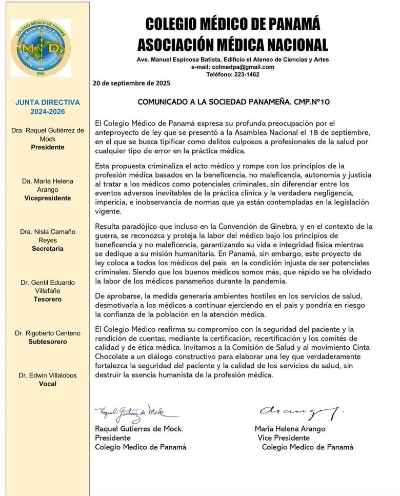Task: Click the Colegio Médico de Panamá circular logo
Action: pyautogui.click(x=41, y=48)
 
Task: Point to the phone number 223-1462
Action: pyautogui.click(x=245, y=74)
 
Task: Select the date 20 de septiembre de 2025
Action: pyautogui.click(x=132, y=83)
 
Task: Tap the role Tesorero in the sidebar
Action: pyautogui.click(x=47, y=299)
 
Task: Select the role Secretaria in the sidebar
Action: pyautogui.click(x=47, y=248)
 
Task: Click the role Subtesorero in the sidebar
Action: pyautogui.click(x=47, y=342)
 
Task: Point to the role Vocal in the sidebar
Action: pyautogui.click(x=47, y=384)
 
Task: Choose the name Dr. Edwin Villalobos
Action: pyautogui.click(x=47, y=375)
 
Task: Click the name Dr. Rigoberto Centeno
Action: pyautogui.click(x=47, y=333)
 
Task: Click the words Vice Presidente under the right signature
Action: pyautogui.click(x=284, y=438)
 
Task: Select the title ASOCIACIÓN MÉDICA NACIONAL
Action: pyautogui.click(x=232, y=45)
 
